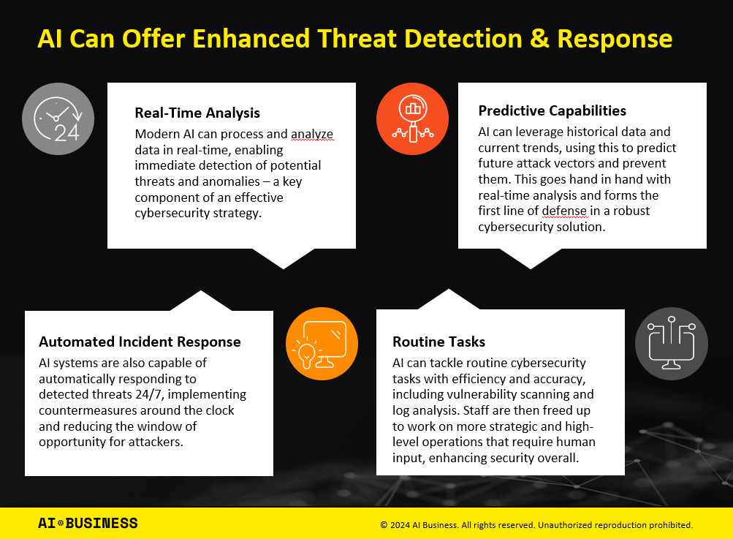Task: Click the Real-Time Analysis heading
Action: (197, 113)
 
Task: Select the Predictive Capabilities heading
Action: (552, 111)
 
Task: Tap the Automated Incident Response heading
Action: (140, 342)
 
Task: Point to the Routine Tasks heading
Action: (438, 342)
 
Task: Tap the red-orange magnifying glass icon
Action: (412, 118)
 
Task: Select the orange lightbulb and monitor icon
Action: (322, 344)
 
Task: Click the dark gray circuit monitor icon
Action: (671, 343)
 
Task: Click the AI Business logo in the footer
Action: (88, 523)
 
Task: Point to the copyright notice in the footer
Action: (536, 524)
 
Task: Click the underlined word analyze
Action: (312, 135)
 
